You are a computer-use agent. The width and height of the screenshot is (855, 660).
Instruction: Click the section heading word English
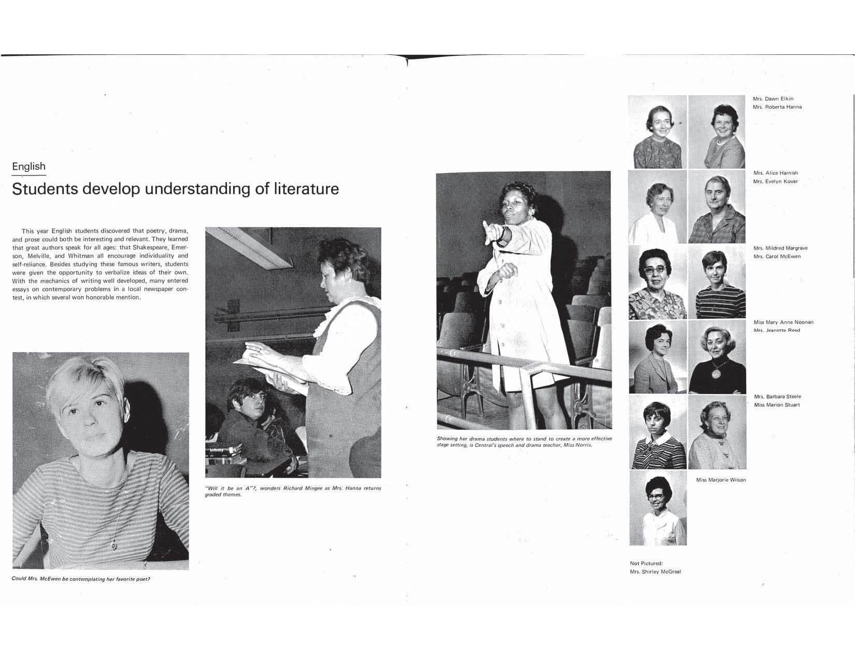tap(28, 167)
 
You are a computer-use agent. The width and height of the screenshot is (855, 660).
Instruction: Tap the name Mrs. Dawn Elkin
tap(773, 99)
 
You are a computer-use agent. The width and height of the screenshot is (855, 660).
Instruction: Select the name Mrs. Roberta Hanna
tap(777, 107)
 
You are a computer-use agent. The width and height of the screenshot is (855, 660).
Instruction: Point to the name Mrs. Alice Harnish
tap(775, 173)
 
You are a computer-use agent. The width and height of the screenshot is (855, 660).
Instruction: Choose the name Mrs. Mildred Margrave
tap(780, 248)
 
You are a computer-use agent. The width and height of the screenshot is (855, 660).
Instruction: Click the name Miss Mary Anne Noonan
tap(783, 322)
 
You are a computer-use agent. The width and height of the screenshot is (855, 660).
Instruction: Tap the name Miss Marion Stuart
tap(777, 405)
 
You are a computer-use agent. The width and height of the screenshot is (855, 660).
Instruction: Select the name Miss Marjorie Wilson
tap(721, 480)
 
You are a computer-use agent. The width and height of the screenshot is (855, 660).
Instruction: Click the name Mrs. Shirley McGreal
tap(655, 571)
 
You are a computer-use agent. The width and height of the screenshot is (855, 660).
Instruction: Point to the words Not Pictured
tap(646, 563)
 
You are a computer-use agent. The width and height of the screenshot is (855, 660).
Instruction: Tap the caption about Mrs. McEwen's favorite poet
tap(81, 579)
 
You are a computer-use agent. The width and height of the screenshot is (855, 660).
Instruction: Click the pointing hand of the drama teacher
tap(488, 229)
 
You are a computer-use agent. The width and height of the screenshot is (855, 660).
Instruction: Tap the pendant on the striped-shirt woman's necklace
tap(113, 544)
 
